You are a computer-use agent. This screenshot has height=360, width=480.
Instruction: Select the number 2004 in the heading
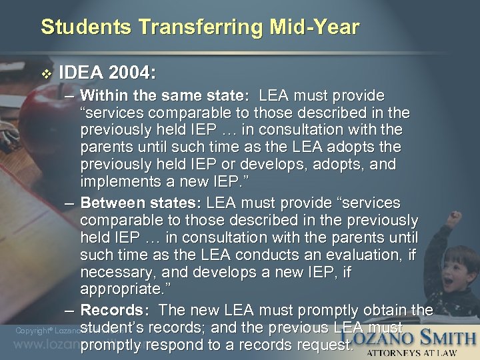(133, 72)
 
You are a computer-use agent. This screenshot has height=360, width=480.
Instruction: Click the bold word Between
(114, 203)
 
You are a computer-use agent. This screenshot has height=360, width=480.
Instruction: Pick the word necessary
(115, 272)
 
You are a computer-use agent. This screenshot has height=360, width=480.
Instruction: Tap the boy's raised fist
(456, 217)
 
